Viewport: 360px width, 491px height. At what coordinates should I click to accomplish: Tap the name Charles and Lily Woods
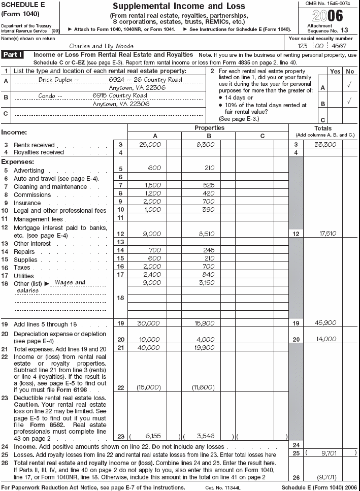[x=102, y=46]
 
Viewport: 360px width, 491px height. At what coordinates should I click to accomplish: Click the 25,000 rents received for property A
[x=150, y=145]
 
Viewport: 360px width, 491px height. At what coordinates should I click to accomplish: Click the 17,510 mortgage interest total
[x=328, y=234]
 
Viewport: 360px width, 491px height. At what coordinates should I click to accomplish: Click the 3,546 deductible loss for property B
[x=208, y=436]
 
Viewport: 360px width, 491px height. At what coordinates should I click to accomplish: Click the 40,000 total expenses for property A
[x=150, y=347]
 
